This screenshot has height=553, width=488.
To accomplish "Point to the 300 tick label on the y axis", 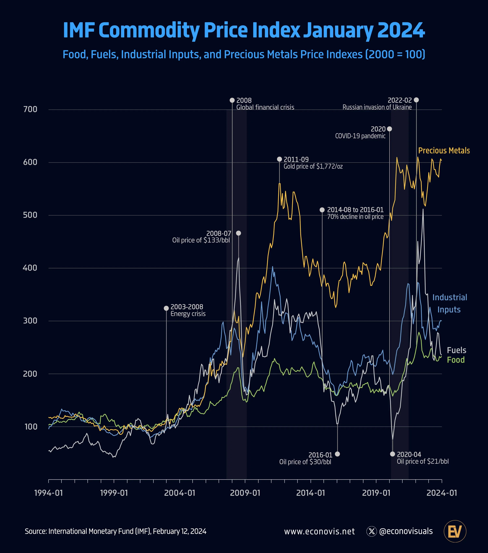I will click(30, 321).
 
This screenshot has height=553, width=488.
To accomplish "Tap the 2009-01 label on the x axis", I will click(245, 493).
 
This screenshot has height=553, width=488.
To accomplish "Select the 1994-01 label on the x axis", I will click(49, 493).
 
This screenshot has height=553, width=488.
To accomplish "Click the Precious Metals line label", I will click(444, 151).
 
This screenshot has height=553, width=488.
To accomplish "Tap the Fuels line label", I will click(456, 350).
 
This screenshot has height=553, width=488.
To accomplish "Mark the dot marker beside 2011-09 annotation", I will click(279, 159).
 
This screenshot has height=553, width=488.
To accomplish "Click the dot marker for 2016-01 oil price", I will click(337, 454).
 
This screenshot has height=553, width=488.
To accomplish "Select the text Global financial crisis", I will click(265, 107).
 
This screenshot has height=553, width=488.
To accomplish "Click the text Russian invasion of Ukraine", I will click(377, 107).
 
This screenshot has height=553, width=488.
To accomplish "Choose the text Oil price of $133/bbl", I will click(201, 240).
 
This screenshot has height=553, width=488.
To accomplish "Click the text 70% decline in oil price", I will click(355, 217).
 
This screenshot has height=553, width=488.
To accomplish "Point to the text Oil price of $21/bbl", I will click(423, 462).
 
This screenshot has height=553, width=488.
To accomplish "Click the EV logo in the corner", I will click(455, 531).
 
